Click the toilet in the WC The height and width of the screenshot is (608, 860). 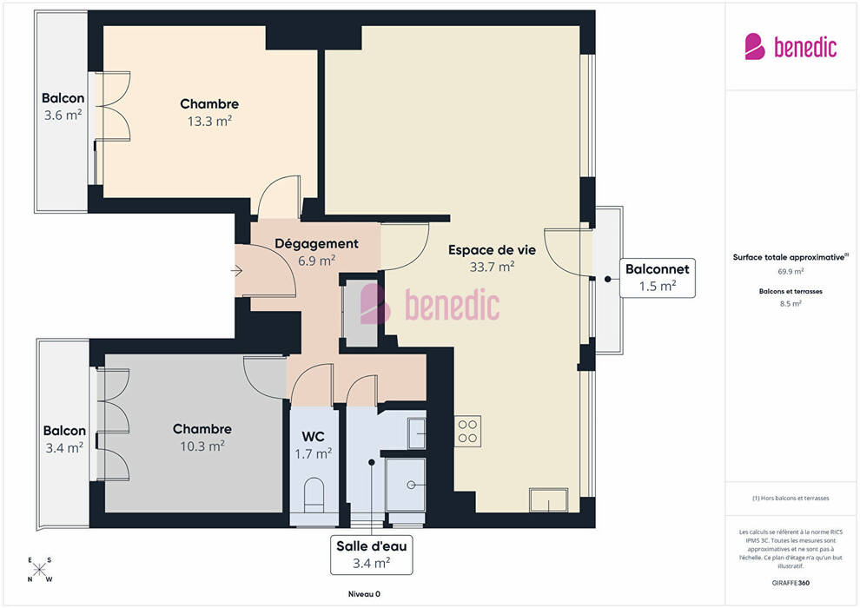pos(314,494)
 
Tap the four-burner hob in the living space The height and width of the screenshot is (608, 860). pos(468,431)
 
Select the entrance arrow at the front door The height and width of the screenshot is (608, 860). pos(236,270)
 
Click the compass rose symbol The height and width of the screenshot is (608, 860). pos(39,570)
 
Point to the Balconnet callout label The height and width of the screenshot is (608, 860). pos(657,278)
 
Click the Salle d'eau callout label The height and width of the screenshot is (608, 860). pos(371,555)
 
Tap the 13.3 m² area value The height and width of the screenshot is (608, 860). pos(209,121)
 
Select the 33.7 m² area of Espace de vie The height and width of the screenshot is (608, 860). pos(492,267)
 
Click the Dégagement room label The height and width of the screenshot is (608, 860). pos(316,243)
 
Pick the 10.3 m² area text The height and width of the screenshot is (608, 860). pos(202,446)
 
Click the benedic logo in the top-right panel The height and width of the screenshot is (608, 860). pos(791,47)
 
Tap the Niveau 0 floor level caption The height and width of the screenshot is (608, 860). pos(364,594)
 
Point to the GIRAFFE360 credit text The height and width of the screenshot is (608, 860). pos(791,583)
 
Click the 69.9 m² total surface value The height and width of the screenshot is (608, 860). pos(791,271)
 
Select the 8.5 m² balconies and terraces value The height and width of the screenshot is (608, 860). pos(791,303)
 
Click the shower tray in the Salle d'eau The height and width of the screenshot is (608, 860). pos(406,486)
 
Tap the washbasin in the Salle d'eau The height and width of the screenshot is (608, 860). pos(416,433)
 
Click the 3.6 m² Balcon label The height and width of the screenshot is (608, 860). pos(63,116)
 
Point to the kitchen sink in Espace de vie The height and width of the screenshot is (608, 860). pos(548,499)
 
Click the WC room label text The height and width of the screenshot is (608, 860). pos(314,436)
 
